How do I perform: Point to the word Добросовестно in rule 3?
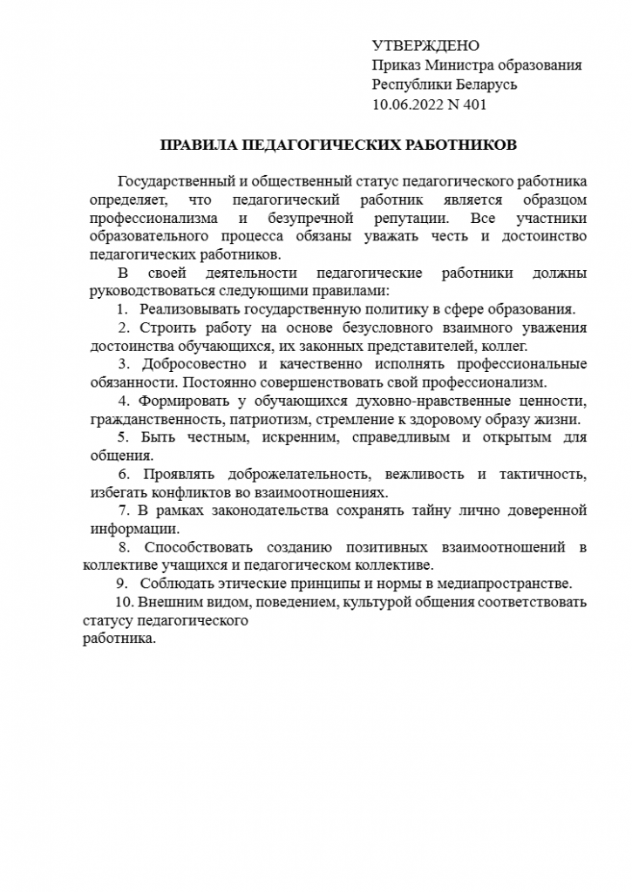[x=195, y=363]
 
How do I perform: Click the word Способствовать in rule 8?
[x=199, y=547]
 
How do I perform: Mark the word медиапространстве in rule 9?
[x=510, y=583]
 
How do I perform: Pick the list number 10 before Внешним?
[x=123, y=602]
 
